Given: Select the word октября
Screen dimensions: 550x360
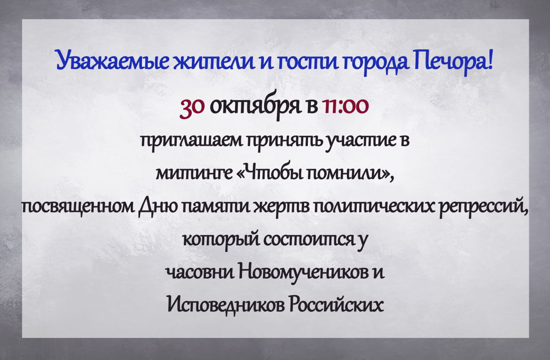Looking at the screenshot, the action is (x=255, y=106).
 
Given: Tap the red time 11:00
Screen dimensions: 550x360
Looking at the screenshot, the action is (x=345, y=106).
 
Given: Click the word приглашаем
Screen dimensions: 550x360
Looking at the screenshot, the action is (x=191, y=141).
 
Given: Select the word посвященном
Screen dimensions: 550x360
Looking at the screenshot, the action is (x=78, y=207).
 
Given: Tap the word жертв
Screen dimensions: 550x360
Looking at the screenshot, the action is (x=283, y=207).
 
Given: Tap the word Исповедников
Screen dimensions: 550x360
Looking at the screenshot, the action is (x=226, y=304).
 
